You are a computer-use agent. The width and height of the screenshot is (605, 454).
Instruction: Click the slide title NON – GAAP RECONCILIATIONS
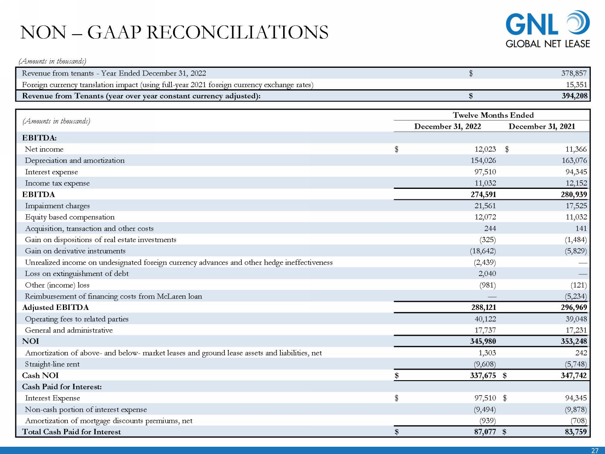(x=174, y=32)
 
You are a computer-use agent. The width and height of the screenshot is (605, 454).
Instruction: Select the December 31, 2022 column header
(x=447, y=126)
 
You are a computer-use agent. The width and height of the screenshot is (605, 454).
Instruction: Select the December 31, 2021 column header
(x=542, y=126)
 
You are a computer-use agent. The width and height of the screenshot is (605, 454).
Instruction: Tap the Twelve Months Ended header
(x=493, y=115)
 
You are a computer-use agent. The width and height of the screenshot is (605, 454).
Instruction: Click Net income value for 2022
(x=485, y=149)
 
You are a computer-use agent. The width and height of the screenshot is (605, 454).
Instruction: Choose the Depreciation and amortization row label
(x=75, y=161)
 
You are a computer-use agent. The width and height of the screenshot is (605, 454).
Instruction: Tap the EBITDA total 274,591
(x=483, y=195)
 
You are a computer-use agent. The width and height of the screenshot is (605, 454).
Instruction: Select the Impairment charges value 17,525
(x=576, y=206)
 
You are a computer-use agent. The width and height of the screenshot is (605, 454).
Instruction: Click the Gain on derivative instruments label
(x=75, y=251)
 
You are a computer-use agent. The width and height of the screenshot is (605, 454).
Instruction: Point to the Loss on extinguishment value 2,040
(x=487, y=274)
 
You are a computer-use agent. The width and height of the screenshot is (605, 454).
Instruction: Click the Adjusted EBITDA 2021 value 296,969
(x=574, y=308)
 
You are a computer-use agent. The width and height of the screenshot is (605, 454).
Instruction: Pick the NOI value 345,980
(x=483, y=341)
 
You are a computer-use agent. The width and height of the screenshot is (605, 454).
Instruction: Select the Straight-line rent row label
(x=52, y=364)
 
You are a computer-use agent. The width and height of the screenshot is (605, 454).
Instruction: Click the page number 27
(x=595, y=450)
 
